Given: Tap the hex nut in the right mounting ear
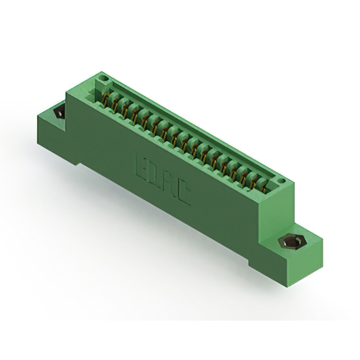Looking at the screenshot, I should (x=289, y=242).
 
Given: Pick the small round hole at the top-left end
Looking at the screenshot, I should (x=103, y=78).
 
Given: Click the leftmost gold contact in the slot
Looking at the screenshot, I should (x=105, y=100).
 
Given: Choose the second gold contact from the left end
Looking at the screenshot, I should (x=115, y=105).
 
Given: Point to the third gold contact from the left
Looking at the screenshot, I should (x=125, y=111).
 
